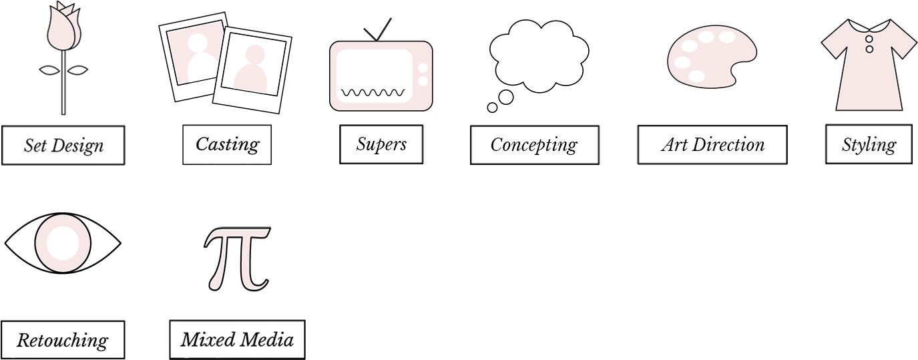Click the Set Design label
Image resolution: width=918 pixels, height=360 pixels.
point(63,145)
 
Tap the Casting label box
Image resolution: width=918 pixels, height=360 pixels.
point(227,144)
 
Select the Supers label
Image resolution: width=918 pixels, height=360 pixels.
point(381,144)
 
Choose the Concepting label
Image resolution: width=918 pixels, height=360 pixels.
point(534,145)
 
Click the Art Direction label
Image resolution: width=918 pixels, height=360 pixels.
point(712,145)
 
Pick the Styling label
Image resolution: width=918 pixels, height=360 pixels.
point(869,145)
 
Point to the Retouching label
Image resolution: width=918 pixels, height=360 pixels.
point(62,341)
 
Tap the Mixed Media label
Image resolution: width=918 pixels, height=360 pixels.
point(237,340)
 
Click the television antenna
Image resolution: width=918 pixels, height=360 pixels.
point(377,30)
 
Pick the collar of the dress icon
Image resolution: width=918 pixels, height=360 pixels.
point(869,27)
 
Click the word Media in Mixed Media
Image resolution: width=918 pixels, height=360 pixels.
point(266,340)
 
